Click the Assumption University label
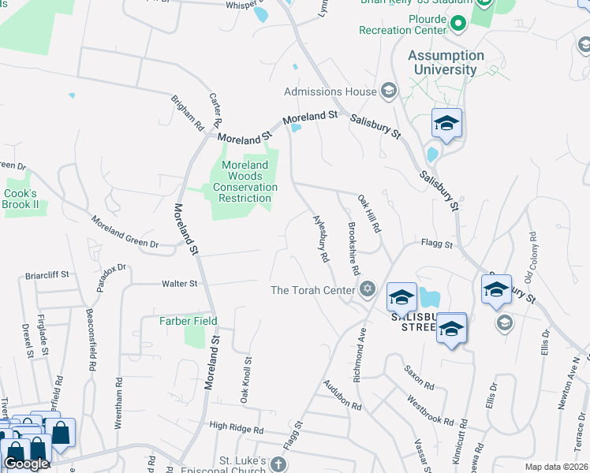[x=446, y=62]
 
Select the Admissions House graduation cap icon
[x=388, y=91]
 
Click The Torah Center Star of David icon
[x=366, y=290]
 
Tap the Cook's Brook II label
[x=21, y=199]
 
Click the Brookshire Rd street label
[x=353, y=243]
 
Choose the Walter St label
[x=179, y=283]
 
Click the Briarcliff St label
[x=47, y=275]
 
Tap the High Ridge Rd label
[x=236, y=429]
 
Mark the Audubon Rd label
[x=341, y=397]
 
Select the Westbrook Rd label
[x=431, y=411]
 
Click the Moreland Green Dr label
[x=125, y=233]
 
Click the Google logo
[x=25, y=464]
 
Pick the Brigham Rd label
[x=188, y=113]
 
